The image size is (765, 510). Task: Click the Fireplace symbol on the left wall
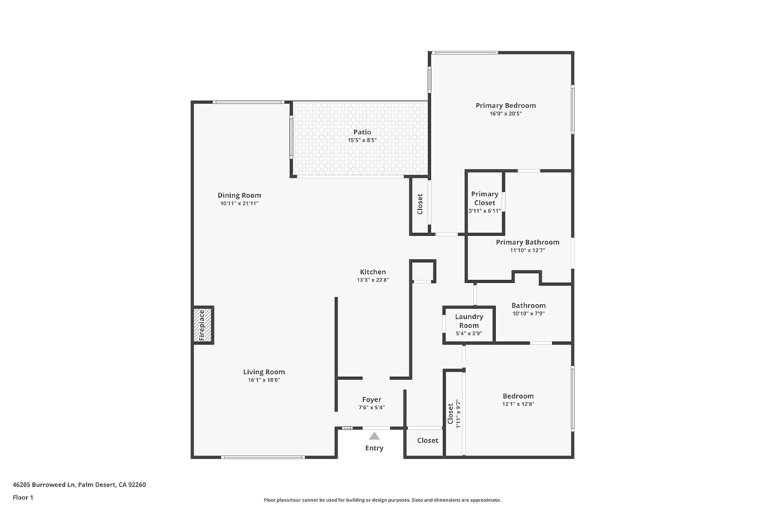tap(202, 325)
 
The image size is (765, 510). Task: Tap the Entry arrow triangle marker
tap(374, 436)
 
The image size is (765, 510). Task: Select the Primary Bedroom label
tap(505, 105)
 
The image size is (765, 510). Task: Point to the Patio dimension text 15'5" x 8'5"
tap(362, 140)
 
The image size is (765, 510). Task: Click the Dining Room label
tap(239, 195)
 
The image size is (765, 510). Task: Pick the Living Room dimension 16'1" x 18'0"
tap(264, 380)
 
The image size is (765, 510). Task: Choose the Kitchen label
tap(373, 272)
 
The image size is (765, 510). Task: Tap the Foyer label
tap(371, 399)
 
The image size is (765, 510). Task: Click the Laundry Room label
tap(468, 321)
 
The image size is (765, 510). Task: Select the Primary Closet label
tap(484, 198)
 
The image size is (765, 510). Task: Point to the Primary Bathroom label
tap(527, 242)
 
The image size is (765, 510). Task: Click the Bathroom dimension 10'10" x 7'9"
tap(528, 314)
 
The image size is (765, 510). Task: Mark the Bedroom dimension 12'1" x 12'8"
tap(518, 404)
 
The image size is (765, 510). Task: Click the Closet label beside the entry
tap(427, 441)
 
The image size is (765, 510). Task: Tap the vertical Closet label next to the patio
tap(420, 204)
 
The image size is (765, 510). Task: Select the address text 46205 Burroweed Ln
tap(44, 485)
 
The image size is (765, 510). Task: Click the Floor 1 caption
tap(23, 497)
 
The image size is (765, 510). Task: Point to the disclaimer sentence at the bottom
tap(382, 500)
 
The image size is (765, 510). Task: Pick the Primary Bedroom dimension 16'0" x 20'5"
tap(505, 113)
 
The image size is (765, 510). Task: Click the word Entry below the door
tap(374, 448)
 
